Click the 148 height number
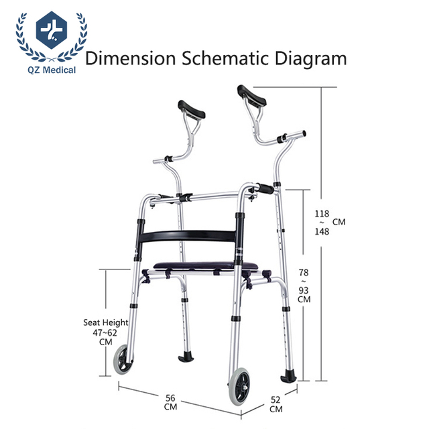322,232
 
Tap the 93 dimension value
304,290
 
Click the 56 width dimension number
170,397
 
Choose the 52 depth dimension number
276,400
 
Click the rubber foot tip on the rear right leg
290,375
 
